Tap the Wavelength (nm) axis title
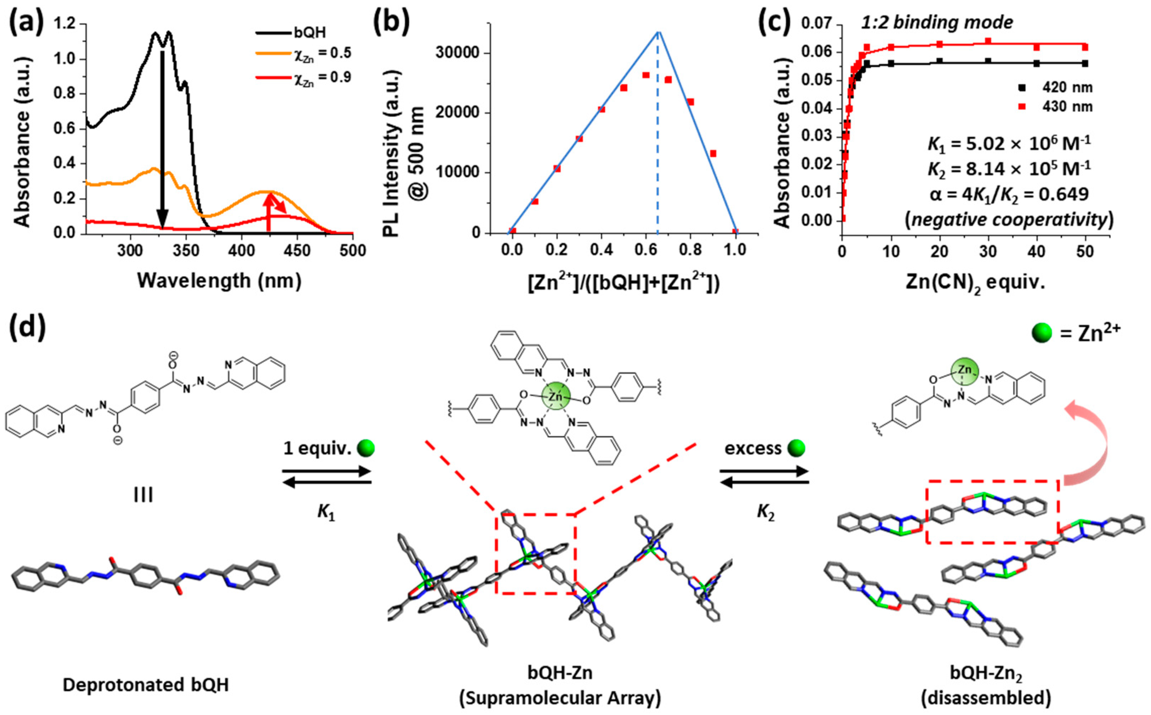point(219,281)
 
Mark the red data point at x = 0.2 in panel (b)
point(557,168)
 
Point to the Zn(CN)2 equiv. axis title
point(975,282)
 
